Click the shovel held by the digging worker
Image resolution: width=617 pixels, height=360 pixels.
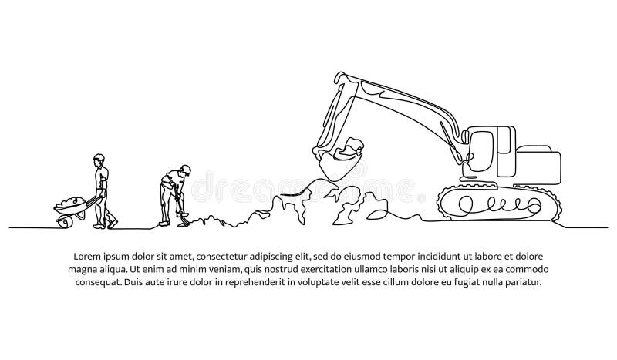pyautogui.click(x=180, y=215)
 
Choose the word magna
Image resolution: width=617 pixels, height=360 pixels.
pyautogui.click(x=85, y=269)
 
